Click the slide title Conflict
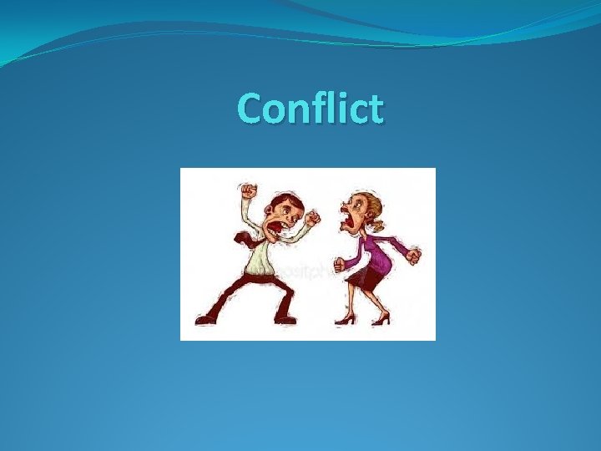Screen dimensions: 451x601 coord(311,109)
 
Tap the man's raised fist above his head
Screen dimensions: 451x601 coord(248,192)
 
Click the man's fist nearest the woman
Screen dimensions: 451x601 coord(312,219)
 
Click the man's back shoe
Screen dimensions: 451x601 coord(205,318)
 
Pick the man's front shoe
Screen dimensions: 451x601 coord(285,318)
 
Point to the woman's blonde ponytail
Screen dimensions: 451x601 coord(378,224)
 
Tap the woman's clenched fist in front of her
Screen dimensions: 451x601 coord(339,265)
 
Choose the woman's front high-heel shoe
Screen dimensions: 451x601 coord(343,319)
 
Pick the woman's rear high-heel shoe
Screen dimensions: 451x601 coord(381,319)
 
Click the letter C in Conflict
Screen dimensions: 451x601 coord(250,109)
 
